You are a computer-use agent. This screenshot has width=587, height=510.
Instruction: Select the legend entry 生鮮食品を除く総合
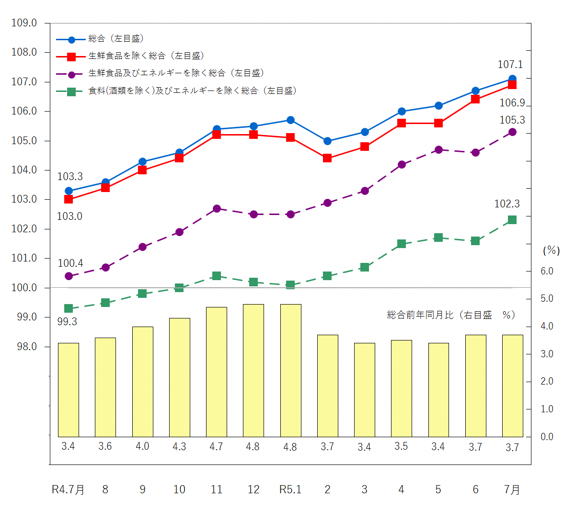tap(146, 56)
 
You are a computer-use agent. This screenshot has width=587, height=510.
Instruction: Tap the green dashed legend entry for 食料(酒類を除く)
tap(192, 91)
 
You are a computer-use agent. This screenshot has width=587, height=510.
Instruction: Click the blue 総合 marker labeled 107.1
tap(512, 79)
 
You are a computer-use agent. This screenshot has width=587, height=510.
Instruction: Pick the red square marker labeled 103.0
tap(69, 199)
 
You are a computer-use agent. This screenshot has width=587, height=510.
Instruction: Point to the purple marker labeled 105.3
tap(512, 132)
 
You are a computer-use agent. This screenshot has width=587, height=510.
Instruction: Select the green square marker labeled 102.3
tap(512, 220)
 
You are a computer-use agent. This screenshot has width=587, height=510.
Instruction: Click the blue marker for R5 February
tap(327, 141)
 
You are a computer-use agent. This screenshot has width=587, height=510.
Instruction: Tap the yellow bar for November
tap(217, 372)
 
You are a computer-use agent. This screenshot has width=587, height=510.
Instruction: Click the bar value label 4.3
tap(179, 446)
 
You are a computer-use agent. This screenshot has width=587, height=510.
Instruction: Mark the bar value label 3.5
tap(401, 446)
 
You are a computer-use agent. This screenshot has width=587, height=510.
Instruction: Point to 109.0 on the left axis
tap(24, 23)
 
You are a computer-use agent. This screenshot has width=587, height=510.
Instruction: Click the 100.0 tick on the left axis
tap(24, 288)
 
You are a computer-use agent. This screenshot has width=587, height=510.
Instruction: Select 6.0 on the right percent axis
tap(547, 271)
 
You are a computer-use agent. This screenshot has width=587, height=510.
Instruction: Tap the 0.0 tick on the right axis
tap(547, 437)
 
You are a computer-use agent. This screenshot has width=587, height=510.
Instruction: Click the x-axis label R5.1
tap(290, 489)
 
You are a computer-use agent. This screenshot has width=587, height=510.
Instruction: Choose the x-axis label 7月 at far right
tap(512, 489)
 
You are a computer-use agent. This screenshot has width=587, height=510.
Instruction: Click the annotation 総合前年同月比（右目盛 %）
tap(451, 315)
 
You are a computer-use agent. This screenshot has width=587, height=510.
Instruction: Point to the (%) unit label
tap(551, 250)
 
